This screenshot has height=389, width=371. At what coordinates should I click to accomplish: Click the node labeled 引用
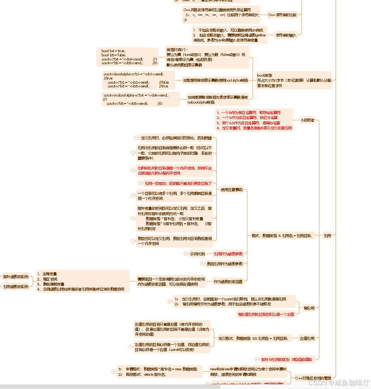[x=327, y=235]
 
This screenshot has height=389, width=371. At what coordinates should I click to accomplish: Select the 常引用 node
[x=309, y=308]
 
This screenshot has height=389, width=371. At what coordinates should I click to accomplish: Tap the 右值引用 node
[x=307, y=338]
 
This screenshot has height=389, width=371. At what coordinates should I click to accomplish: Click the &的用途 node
[x=307, y=120]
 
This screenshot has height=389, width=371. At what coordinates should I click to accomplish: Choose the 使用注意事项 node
[x=232, y=190]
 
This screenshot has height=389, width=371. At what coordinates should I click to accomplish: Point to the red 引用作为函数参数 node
[x=228, y=254]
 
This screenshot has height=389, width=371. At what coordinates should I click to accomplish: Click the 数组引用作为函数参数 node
[x=225, y=263]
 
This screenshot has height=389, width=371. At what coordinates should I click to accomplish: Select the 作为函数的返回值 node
[x=228, y=282]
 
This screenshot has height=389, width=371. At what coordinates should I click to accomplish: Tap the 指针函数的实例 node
[x=16, y=276]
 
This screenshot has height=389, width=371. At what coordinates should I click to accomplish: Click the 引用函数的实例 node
[x=16, y=286]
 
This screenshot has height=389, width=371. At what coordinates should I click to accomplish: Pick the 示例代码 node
[x=197, y=254]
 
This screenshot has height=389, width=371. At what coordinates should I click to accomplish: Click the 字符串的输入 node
[x=286, y=35]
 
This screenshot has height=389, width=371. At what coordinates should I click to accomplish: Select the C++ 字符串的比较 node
[x=282, y=15]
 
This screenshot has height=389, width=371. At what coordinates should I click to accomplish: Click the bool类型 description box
[x=294, y=80]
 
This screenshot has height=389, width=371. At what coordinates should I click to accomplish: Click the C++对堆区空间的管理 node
[x=313, y=378]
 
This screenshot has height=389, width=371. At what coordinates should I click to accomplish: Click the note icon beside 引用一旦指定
[x=140, y=183]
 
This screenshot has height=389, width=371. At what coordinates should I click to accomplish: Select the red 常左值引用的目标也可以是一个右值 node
[x=266, y=314]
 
